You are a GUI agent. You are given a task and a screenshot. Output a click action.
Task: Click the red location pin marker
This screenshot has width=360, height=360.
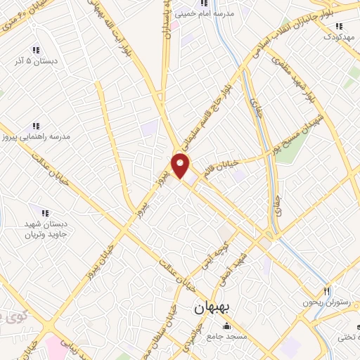click(x=181, y=165)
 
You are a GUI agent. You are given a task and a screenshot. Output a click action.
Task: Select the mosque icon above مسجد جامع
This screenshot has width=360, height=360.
click(x=226, y=326)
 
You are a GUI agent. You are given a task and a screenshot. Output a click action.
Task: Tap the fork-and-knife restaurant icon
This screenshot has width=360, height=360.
click(x=327, y=290)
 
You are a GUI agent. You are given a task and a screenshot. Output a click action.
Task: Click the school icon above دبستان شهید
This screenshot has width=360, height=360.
click(x=46, y=212)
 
